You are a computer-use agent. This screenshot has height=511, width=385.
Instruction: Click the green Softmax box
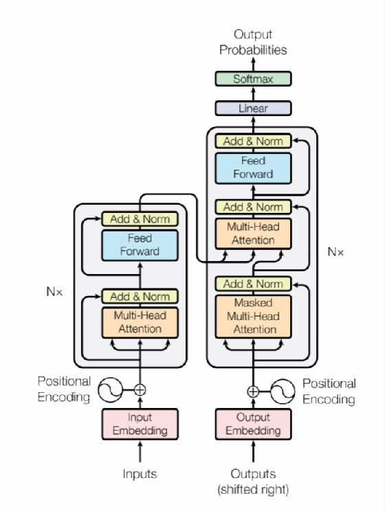coord(253,78)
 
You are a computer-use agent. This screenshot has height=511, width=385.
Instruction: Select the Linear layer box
coord(253,109)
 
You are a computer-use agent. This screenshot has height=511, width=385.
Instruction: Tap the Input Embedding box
coord(140,424)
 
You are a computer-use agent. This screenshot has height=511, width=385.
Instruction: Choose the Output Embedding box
coord(253,424)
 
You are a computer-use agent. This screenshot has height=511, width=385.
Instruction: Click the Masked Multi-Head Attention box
coord(253,317)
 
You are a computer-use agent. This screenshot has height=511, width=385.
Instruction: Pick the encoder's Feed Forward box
coord(140,245)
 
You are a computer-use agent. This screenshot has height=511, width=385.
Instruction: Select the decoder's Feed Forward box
coord(253,168)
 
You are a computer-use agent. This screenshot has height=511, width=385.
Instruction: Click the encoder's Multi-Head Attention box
coord(140,322)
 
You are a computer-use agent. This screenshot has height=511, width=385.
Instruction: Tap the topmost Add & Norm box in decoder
coord(253,141)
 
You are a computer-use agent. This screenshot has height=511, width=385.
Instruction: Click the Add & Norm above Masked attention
coord(253,284)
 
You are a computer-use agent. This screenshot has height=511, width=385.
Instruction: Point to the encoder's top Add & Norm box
coord(140,218)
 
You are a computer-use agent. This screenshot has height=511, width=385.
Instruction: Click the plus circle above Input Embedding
coord(140,389)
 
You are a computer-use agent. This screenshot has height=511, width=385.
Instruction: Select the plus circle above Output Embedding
coord(253,391)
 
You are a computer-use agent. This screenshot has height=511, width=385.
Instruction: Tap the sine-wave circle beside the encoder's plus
coord(110,389)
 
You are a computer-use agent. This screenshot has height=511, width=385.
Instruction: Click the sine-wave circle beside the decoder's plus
coord(283,391)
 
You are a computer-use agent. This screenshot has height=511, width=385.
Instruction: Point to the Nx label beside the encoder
coord(54,292)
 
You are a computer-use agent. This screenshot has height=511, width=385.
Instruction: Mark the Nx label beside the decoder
coord(335,252)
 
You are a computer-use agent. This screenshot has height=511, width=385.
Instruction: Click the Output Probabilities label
coord(253,42)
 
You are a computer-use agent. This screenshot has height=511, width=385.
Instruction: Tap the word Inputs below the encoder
coord(140,474)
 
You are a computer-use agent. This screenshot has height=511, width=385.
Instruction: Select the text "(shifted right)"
coord(253,490)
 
